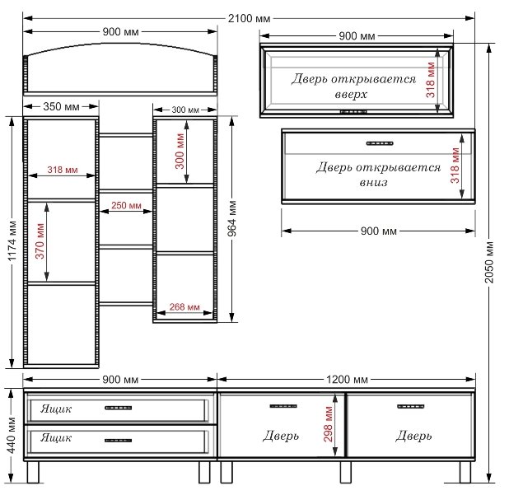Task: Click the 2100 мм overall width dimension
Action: click(249, 18)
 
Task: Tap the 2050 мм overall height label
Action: click(489, 262)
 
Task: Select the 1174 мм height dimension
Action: click(12, 240)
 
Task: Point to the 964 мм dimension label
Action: click(231, 218)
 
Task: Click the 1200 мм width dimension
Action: click(347, 379)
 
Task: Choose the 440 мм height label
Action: click(11, 435)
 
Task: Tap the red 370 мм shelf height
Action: click(40, 241)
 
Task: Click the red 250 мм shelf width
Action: click(126, 205)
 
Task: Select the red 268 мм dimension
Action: click(184, 306)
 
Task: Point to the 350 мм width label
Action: click(61, 106)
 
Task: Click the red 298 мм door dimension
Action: click(328, 424)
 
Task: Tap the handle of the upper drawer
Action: click(118, 408)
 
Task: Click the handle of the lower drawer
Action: click(118, 441)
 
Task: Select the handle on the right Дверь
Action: click(411, 406)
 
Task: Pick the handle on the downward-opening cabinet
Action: click(380, 143)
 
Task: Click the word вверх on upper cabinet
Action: click(351, 95)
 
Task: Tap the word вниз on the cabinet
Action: click(374, 182)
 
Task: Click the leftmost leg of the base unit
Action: click(33, 472)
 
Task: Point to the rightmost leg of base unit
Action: click(465, 472)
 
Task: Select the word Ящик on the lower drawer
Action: click(56, 438)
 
